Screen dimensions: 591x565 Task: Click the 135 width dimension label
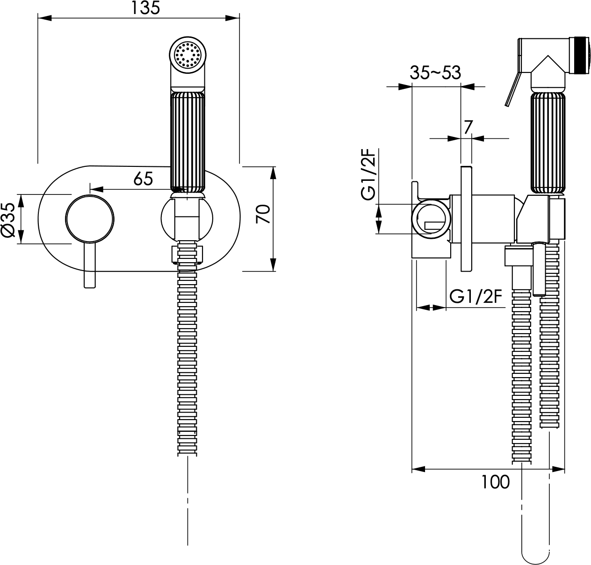[x=145, y=8]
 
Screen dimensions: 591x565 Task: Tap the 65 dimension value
[x=143, y=179]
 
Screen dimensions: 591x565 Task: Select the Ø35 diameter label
[x=8, y=219]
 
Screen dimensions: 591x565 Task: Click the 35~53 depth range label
[x=435, y=72]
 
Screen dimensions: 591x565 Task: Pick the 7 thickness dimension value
[x=468, y=127]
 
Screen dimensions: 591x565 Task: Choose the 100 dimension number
[x=496, y=482]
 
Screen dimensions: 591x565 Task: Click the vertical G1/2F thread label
[x=369, y=174]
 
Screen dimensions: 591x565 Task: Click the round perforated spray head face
[x=188, y=55]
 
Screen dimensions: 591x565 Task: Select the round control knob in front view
[x=90, y=219]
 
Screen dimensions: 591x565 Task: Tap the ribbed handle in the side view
[x=548, y=143]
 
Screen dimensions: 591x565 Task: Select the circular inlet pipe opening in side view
[x=431, y=219]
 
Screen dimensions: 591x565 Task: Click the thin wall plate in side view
[x=466, y=219]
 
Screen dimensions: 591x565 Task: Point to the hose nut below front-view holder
[x=187, y=254]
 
